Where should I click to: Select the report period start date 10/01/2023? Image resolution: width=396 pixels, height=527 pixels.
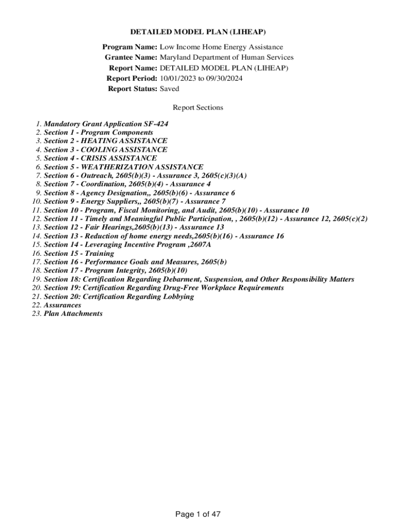point(178,78)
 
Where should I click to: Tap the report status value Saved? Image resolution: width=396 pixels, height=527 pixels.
point(170,89)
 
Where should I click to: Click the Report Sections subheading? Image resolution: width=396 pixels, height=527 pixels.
point(198,108)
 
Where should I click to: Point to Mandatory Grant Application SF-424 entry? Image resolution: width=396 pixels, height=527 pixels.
point(106,124)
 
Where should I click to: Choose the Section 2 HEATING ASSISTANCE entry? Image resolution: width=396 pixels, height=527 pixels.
point(105,141)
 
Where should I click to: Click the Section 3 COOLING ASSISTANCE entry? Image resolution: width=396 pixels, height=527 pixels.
point(105,150)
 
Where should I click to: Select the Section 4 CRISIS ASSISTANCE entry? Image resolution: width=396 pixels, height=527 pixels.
point(100,159)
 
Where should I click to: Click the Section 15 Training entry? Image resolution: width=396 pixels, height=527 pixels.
point(79,253)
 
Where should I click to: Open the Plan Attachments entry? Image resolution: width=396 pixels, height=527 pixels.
point(73,313)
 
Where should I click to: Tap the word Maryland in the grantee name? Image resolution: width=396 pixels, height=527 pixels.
point(174,58)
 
